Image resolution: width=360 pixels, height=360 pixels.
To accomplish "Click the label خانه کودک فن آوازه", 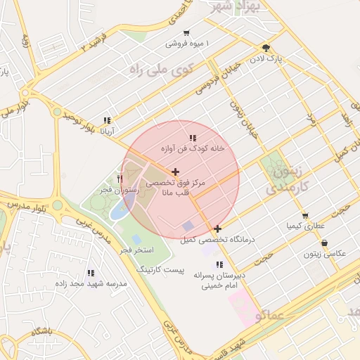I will point(193,149).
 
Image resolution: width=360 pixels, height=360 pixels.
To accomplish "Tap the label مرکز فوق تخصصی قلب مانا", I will point(175,188).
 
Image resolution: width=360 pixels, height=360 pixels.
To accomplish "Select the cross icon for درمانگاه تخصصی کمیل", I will point(218,229).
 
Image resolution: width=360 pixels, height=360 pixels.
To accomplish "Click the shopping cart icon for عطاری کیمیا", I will point(304,216).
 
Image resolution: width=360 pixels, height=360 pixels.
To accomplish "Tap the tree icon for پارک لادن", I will point(264,47).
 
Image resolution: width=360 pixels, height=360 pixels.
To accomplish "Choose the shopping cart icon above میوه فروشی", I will point(186,32).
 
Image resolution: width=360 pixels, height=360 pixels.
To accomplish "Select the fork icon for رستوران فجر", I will point(120,180).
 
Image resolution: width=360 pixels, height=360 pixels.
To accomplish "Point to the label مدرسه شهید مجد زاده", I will point(91,284).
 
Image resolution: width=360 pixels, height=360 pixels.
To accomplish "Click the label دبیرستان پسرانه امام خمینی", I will point(222,281).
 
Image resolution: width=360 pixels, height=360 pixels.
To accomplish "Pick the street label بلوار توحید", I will point(77,121).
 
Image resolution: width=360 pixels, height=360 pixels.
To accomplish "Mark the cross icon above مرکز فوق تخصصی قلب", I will point(175,172).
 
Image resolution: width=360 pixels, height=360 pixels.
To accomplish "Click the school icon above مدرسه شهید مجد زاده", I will point(91,273).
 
